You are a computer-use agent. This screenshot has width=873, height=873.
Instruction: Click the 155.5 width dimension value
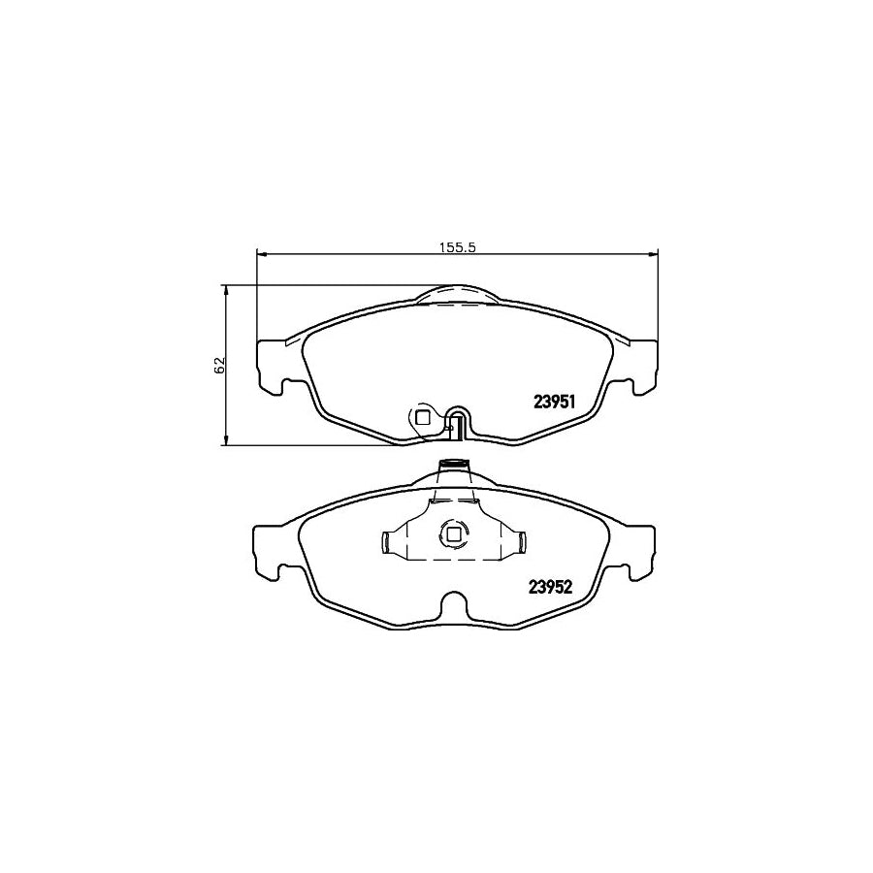[x=457, y=246]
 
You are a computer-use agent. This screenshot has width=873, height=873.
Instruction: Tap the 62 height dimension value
[x=219, y=365]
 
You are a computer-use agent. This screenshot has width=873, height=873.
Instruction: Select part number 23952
[x=552, y=585]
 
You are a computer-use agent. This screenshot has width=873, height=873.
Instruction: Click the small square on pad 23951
[x=422, y=417]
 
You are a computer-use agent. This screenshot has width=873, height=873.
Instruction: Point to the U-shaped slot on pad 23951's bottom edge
[x=458, y=423]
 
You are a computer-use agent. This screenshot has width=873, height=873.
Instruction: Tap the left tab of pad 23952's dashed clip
[x=388, y=544]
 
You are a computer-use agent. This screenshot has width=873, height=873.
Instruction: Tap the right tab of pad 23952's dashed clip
[x=519, y=544]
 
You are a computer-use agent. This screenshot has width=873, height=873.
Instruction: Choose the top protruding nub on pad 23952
[x=453, y=467]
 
